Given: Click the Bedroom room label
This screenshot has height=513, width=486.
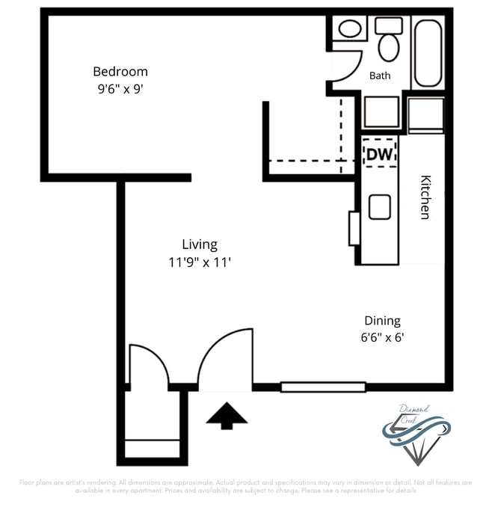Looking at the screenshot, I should click(120, 72).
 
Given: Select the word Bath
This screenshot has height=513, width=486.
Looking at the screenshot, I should click(380, 76).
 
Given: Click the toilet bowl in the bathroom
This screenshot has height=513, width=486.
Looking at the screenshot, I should click(388, 46).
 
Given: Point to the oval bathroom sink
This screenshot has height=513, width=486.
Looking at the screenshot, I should click(349, 31).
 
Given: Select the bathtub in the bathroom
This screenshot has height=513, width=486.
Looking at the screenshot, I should click(428, 52).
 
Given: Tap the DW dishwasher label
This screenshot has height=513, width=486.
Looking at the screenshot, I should click(378, 155).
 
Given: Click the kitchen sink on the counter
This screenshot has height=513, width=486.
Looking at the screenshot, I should click(380, 207).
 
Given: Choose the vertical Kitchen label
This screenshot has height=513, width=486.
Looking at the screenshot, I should click(425, 197).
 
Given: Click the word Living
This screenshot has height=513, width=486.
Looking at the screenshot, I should click(200, 245).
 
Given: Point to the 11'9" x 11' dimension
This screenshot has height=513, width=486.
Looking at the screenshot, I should click(200, 262).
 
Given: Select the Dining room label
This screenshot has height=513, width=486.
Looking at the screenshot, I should click(381, 320).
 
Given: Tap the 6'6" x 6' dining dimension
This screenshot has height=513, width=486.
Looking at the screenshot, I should click(381, 337).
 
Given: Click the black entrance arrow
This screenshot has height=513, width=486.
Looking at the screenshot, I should click(227, 416).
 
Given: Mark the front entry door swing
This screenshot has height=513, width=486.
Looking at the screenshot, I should click(224, 359).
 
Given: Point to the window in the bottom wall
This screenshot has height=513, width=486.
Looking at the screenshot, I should click(323, 387).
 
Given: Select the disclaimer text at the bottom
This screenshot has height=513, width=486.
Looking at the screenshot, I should click(243, 487).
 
